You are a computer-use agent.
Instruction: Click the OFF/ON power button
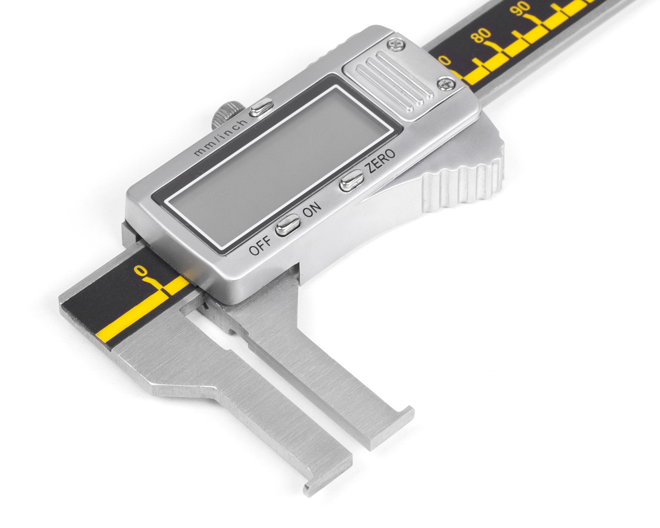(x=287, y=225)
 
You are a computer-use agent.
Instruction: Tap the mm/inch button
(x=261, y=107)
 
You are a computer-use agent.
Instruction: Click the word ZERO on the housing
(x=381, y=161)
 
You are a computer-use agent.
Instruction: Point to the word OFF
(x=260, y=245)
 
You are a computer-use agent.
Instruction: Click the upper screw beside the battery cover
(x=396, y=44)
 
